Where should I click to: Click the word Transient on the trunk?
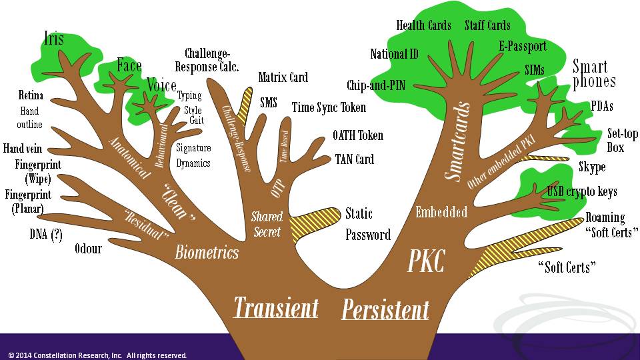tap(275, 308)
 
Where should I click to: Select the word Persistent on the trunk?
tap(385, 310)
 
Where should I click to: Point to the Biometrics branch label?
tap(207, 252)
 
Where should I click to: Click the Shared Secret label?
tap(267, 224)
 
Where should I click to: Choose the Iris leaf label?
tap(54, 39)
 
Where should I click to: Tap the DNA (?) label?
tap(46, 234)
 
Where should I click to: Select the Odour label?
tap(88, 249)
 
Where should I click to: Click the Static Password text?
tap(367, 224)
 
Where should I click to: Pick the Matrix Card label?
tap(283, 77)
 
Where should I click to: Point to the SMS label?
tap(269, 103)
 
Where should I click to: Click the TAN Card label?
tap(354, 159)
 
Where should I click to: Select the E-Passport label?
tap(522, 46)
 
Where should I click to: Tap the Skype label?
tap(592, 167)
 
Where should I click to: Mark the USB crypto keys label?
tap(581, 192)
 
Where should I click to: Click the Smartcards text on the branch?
tap(458, 141)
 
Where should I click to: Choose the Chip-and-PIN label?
tap(375, 85)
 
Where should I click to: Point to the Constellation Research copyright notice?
tap(97, 355)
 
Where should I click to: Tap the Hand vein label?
tap(23, 149)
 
